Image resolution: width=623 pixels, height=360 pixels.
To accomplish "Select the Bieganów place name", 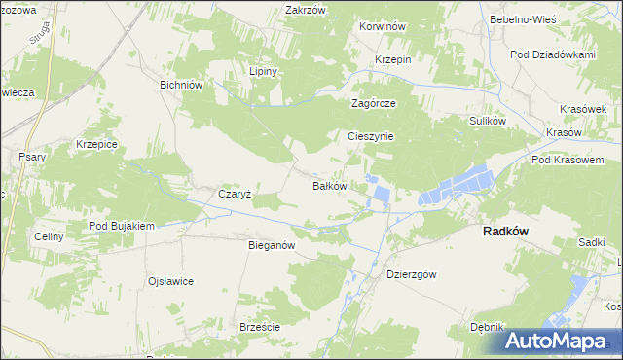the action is pos(272,246).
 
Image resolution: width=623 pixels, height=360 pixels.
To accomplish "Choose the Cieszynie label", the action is pos(371,137).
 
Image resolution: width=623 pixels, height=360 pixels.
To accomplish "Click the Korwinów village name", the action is pos(382,27).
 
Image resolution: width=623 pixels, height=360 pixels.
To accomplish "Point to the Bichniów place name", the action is pos(180,85).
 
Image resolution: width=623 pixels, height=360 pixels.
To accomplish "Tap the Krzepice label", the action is pos(96,144).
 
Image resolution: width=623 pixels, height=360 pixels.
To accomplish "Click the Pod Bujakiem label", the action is pos(122,226).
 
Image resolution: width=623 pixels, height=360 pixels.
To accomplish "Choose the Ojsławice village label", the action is pos(170,281).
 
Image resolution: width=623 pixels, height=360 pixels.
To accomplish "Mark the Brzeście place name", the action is pos(260,327).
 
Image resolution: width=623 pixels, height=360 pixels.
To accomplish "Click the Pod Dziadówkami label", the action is pos(557,54).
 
